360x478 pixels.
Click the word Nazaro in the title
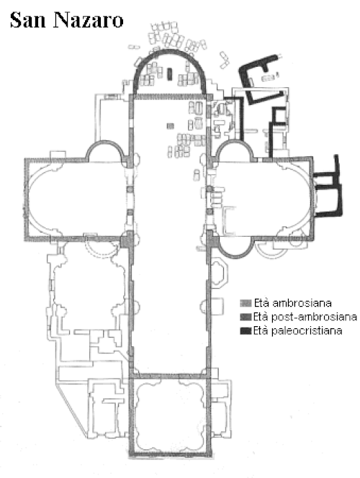click(x=89, y=20)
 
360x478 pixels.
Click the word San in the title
click(x=27, y=20)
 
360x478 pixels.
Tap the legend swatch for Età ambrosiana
click(x=246, y=303)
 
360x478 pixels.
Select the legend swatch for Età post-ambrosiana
click(x=246, y=317)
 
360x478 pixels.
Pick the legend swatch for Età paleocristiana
click(x=246, y=330)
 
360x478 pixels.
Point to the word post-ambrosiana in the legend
click(x=314, y=317)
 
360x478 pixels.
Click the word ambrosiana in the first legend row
click(x=302, y=303)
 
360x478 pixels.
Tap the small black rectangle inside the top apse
click(x=170, y=74)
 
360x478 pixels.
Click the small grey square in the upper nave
click(x=171, y=125)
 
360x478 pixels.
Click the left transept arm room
click(x=76, y=199)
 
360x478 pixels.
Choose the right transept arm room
click(x=262, y=198)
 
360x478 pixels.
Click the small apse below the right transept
click(x=235, y=257)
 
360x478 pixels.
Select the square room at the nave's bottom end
click(x=170, y=416)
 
